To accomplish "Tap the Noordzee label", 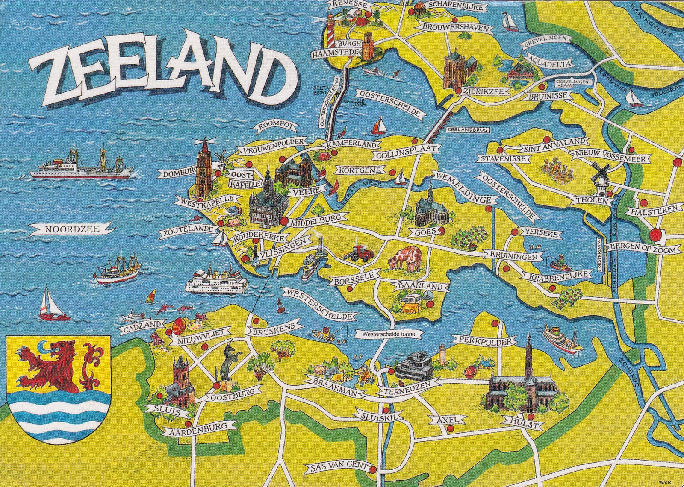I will click(x=72, y=229).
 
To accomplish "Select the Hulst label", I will click(x=521, y=425).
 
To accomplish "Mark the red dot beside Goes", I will click(x=442, y=231).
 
